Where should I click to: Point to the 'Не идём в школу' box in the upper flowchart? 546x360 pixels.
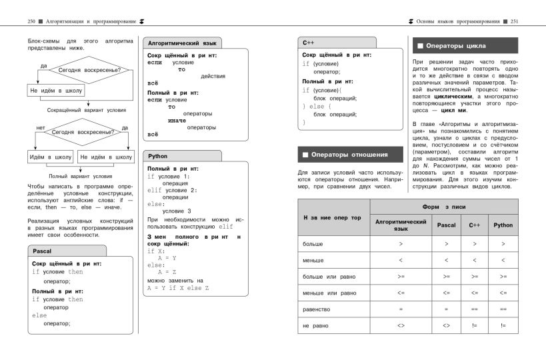56,89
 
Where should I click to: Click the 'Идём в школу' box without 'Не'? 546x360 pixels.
50,157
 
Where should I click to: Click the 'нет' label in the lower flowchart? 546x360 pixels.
40,127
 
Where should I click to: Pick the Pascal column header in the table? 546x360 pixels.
446,225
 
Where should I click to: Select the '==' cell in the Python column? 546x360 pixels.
503,309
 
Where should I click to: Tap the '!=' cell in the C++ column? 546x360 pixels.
475,325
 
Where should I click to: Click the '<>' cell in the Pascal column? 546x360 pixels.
446,325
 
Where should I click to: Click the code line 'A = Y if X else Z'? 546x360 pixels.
178,288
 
